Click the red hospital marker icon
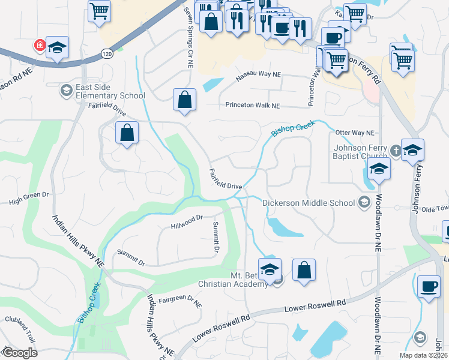(x=40, y=45)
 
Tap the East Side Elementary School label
(x=107, y=92)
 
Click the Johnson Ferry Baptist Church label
(x=358, y=152)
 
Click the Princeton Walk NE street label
(x=253, y=106)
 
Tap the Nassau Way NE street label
(x=258, y=74)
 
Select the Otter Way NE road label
(x=355, y=133)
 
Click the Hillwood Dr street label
(x=188, y=222)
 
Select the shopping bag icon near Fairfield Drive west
(x=127, y=133)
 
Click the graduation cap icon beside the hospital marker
(x=57, y=48)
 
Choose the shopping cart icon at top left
(x=99, y=10)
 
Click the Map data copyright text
(x=423, y=355)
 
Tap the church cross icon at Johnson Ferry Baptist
(x=396, y=151)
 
